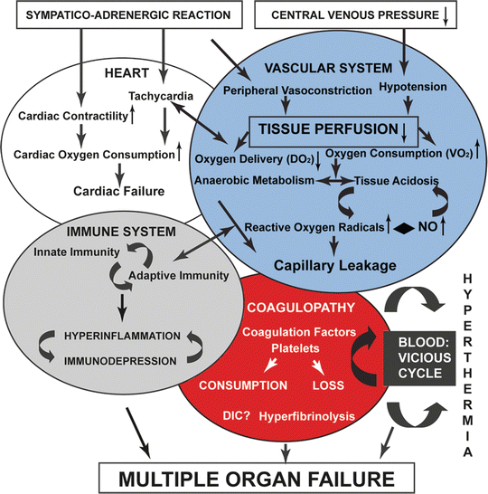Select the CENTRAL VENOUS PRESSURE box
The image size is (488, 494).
click(x=370, y=14)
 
